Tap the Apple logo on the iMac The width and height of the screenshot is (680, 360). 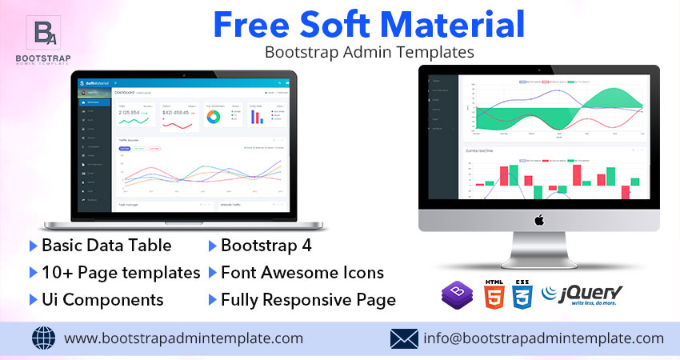pyautogui.click(x=538, y=219)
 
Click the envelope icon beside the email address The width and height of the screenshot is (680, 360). pyautogui.click(x=405, y=338)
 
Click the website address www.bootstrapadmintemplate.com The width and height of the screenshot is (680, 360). pyautogui.click(x=183, y=338)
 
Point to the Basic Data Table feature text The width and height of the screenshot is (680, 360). pyautogui.click(x=106, y=246)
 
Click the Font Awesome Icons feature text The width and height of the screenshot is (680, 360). pyautogui.click(x=302, y=273)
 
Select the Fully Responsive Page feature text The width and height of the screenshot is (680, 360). pyautogui.click(x=308, y=300)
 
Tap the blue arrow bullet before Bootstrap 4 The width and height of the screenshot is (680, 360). pyautogui.click(x=212, y=246)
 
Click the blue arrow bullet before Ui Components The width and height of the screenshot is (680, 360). pyautogui.click(x=33, y=300)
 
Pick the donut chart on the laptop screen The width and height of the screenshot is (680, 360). pyautogui.click(x=214, y=117)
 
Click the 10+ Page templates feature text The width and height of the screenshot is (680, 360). pyautogui.click(x=121, y=273)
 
